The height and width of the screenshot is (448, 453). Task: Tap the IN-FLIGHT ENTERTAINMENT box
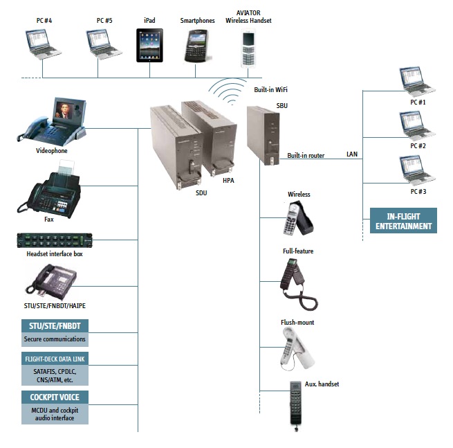point(403,221)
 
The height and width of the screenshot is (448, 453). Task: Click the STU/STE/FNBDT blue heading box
point(54,326)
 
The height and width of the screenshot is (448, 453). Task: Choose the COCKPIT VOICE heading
point(54,397)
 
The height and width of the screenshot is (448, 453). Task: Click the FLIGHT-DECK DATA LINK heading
point(54,359)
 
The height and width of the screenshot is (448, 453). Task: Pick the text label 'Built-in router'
point(306,156)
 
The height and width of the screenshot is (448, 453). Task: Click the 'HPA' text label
point(228,180)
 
